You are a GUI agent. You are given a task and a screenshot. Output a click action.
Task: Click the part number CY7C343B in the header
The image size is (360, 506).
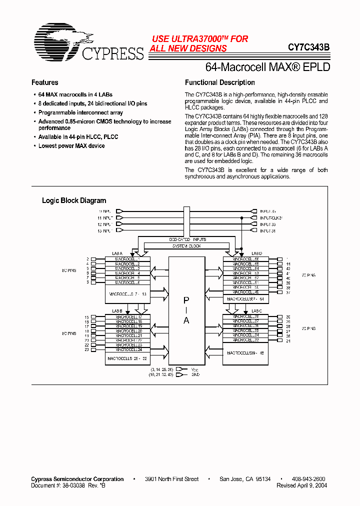(308, 48)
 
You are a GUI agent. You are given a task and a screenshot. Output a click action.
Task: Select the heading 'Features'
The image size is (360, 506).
(45, 82)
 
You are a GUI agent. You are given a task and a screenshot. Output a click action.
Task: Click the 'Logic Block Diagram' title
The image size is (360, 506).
(74, 200)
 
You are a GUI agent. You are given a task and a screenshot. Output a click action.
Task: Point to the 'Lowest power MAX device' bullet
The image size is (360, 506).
(71, 146)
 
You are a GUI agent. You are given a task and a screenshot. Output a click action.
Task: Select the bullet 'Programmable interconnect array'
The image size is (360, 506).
(80, 113)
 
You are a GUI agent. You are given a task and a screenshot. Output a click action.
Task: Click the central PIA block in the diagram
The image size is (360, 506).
(186, 310)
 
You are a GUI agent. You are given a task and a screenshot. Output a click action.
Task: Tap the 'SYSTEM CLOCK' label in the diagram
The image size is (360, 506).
(186, 246)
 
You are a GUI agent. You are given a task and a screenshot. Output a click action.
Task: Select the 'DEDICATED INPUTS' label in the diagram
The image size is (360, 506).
(186, 240)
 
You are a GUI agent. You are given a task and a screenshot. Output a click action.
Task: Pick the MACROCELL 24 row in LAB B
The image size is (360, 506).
(128, 349)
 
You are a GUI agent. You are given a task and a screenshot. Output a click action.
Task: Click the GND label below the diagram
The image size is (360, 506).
(195, 374)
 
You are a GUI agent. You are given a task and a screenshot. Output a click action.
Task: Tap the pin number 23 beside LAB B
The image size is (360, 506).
(86, 349)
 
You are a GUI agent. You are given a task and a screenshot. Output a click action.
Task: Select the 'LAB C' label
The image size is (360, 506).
(256, 311)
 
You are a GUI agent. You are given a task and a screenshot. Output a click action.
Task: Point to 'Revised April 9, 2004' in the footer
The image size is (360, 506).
(301, 485)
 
